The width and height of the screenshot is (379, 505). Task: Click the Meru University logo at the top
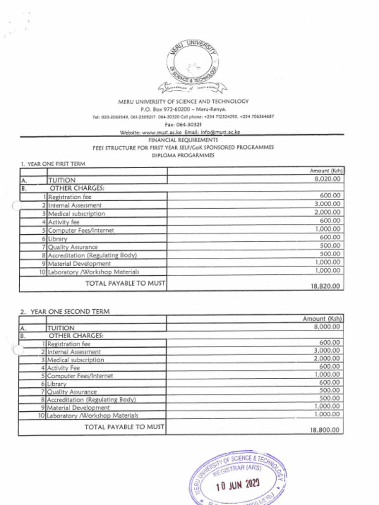(x=192, y=67)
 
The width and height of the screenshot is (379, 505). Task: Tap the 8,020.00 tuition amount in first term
(x=327, y=179)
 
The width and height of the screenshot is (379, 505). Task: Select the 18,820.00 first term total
(x=325, y=286)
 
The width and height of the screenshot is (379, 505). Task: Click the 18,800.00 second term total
(x=325, y=430)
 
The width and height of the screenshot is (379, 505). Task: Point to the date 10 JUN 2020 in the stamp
(x=238, y=485)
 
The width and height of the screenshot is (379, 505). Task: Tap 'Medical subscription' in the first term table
(x=76, y=214)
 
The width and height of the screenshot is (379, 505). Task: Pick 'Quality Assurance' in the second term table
(x=72, y=392)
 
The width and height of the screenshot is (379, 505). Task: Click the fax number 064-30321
(x=189, y=125)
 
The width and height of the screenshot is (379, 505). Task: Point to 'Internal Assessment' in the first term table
(x=75, y=206)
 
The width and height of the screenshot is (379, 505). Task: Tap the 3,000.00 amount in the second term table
(x=327, y=351)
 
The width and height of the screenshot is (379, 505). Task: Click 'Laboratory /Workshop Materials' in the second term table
(x=93, y=416)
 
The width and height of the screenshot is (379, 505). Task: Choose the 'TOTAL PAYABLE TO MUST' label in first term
(x=125, y=284)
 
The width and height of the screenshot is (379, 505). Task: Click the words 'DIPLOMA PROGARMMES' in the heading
(x=183, y=155)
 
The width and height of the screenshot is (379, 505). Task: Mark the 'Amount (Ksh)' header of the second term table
(x=322, y=319)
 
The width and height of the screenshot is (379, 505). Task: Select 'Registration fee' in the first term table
(x=70, y=197)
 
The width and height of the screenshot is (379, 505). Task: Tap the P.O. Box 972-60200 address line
(x=183, y=109)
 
